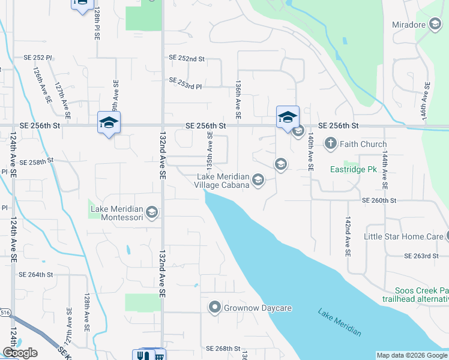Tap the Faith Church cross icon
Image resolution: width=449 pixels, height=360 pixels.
pos(330,144)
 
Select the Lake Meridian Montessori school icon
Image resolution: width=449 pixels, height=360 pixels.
pos(152,212)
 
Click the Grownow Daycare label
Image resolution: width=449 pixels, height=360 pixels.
pos(258,308)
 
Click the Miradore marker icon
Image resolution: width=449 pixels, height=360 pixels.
pos(435,25)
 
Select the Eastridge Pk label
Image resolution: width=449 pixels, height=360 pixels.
pos(354,170)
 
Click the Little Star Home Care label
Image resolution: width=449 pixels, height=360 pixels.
pos(403,236)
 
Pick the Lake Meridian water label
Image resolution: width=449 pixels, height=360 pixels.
pos(340,323)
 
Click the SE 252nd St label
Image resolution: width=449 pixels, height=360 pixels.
pos(187,59)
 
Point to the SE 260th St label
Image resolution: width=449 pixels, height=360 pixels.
pos(379,200)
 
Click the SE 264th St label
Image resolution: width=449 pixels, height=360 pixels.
pos(36,274)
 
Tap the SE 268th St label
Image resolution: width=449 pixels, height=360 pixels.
pos(223,349)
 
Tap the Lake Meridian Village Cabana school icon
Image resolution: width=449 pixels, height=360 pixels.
pos(258,180)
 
